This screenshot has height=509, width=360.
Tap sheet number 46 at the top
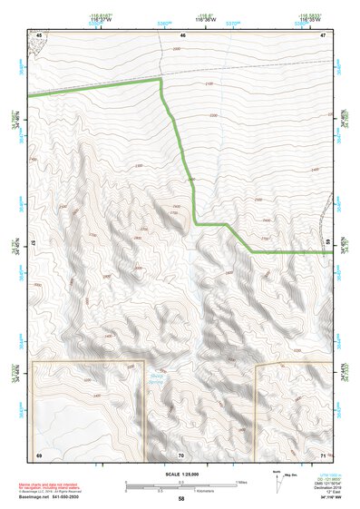point(182,34)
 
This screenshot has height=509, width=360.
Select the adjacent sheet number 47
point(323,34)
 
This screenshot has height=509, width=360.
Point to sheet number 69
point(39,454)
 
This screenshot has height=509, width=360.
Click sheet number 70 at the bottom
point(181,454)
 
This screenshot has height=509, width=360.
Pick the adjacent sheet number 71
point(323,454)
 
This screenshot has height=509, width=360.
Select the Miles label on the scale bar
point(240,482)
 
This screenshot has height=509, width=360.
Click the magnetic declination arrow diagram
point(277,484)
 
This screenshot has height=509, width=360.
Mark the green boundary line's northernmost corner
point(161,80)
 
